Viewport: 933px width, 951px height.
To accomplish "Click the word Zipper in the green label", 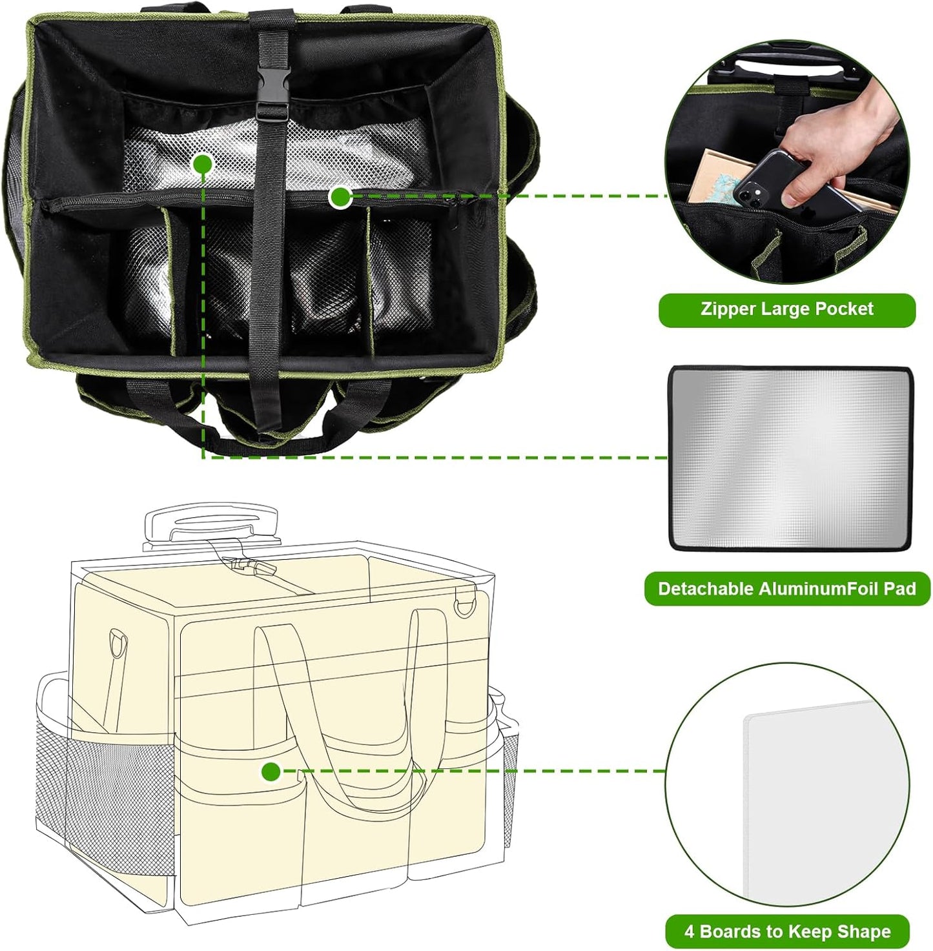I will (728, 309).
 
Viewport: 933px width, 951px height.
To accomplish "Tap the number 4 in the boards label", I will (690, 932).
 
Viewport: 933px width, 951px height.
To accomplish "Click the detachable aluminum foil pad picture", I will (790, 458).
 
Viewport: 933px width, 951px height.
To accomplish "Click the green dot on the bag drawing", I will (271, 772).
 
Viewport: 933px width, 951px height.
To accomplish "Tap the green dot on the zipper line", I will (340, 197).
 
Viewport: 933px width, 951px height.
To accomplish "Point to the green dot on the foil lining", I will (203, 163).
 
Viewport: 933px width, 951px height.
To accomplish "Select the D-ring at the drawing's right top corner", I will (464, 606).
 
